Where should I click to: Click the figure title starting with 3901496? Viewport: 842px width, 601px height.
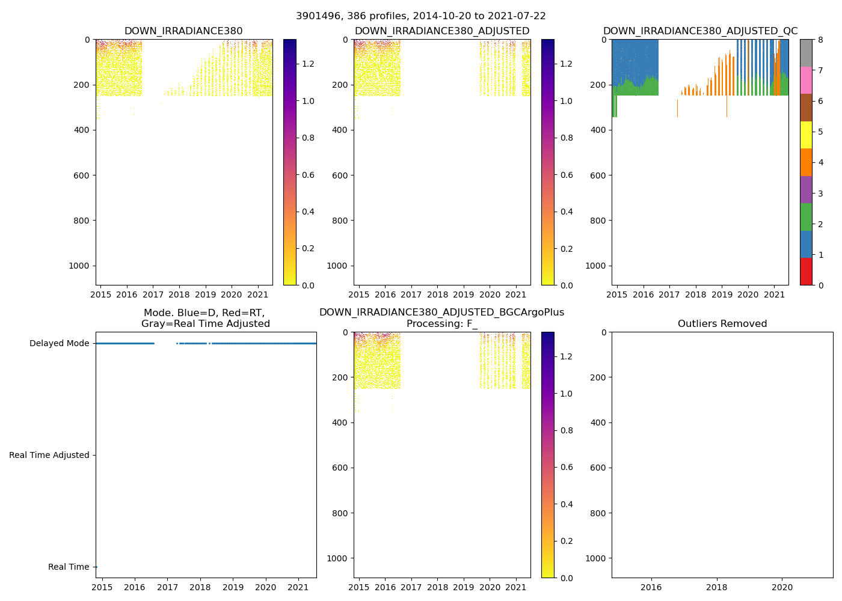420,16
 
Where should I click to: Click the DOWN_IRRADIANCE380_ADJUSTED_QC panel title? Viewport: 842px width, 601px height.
700,31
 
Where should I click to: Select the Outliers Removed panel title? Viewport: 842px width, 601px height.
722,324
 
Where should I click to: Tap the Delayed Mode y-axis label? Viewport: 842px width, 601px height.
59,344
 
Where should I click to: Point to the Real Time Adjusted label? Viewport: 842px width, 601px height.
49,456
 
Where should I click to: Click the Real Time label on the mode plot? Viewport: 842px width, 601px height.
69,567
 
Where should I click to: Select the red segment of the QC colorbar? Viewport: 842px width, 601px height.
806,271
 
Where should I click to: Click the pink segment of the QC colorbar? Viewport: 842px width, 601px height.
806,80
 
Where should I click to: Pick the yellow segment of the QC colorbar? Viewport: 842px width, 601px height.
806,135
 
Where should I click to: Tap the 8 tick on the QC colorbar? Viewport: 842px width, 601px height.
820,40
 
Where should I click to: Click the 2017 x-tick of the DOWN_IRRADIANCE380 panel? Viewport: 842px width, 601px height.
153,295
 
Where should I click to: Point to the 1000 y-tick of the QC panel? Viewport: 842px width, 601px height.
595,266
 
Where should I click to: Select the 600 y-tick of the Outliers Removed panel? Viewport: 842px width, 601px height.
595,468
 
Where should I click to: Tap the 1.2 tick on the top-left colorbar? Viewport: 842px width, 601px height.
308,64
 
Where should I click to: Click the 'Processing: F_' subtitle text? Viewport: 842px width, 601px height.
441,324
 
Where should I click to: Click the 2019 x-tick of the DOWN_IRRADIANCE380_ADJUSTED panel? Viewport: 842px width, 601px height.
463,295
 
